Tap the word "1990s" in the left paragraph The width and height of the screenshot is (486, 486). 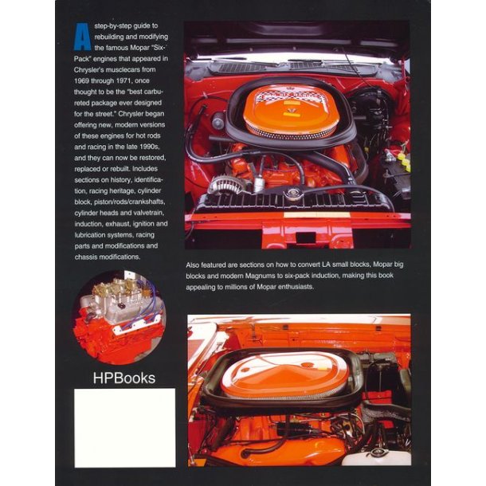click(x=151, y=147)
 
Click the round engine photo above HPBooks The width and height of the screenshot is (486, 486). click(x=120, y=318)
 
